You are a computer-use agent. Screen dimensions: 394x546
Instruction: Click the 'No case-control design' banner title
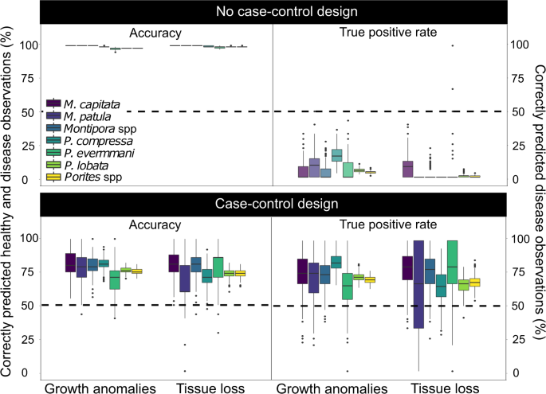pos(273,12)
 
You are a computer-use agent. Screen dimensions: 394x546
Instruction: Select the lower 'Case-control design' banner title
pos(273,205)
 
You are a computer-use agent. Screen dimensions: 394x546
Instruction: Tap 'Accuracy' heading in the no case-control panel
pos(156,33)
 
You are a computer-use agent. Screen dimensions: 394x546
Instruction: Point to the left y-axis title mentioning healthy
pos(12,199)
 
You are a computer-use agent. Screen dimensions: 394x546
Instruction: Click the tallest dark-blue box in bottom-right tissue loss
pos(419,294)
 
